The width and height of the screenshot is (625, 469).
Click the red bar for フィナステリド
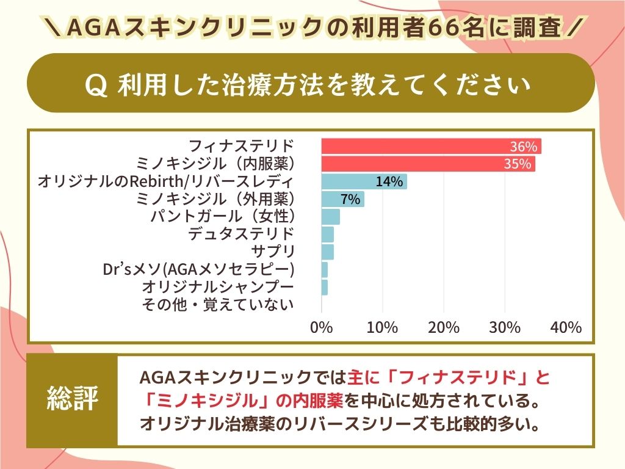point(431,147)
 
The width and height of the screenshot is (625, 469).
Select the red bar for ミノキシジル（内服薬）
point(428,164)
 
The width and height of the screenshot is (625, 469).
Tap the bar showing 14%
point(364,182)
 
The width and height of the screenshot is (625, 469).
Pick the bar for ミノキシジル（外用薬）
point(342,199)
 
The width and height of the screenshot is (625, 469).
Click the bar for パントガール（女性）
point(330,217)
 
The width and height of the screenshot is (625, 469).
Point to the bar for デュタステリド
point(327,234)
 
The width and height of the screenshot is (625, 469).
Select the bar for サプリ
point(327,252)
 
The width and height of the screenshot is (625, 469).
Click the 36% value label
point(524,147)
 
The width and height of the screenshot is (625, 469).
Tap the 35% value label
point(518,164)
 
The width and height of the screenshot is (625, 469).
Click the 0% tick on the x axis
point(322,327)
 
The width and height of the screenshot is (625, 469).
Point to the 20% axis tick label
point(444,327)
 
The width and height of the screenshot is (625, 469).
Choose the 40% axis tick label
point(566,327)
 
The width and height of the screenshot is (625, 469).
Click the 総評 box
point(72,401)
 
